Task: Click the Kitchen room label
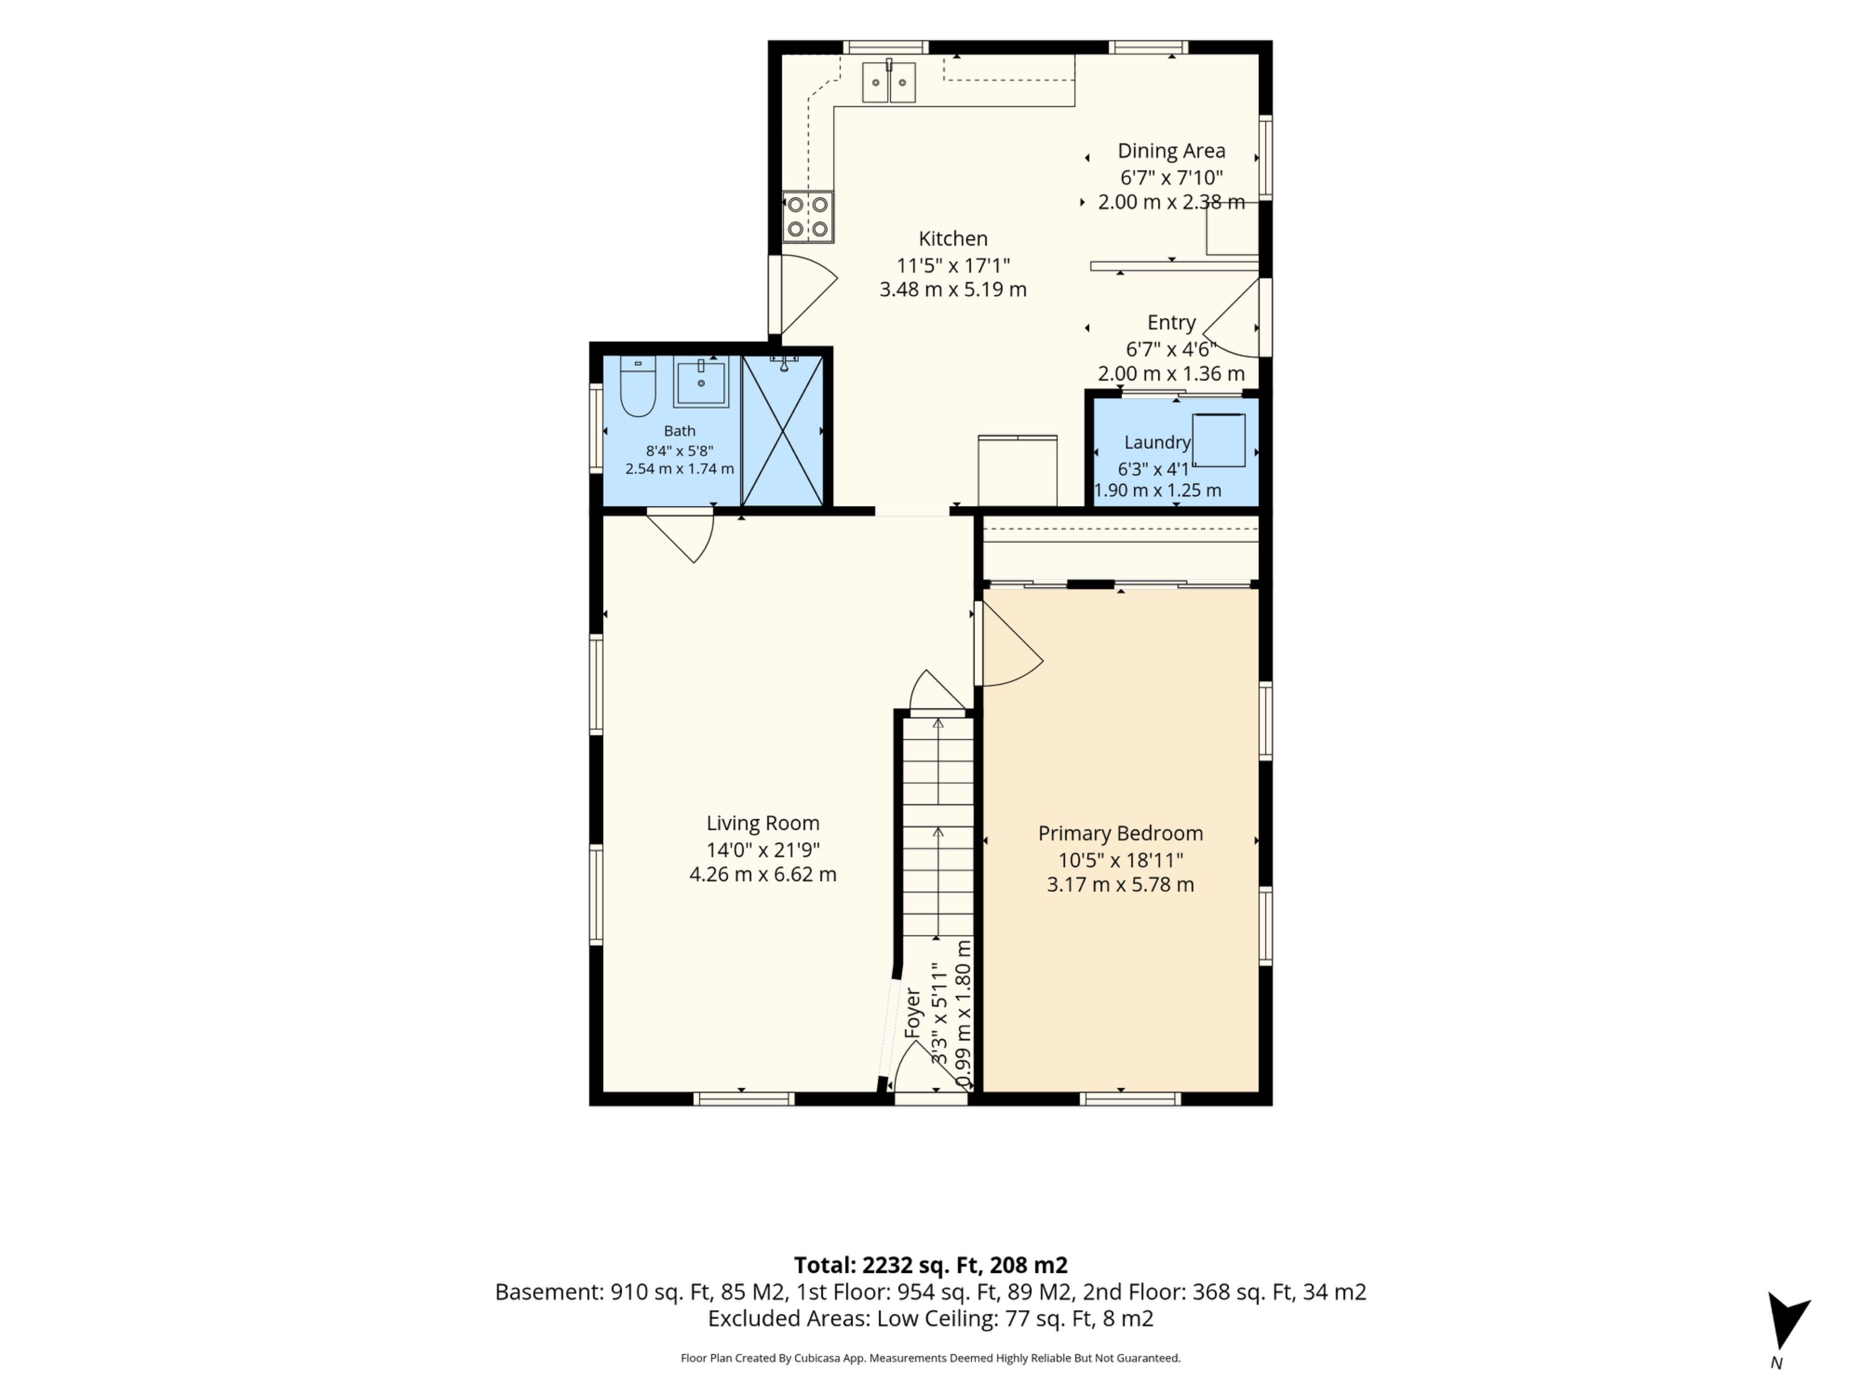[x=953, y=239]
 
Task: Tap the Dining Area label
[x=1171, y=151]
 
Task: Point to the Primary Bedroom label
[x=1121, y=833]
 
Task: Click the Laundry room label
[x=1157, y=443]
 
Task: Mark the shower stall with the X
[x=783, y=431]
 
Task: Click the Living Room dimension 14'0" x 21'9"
[x=763, y=850]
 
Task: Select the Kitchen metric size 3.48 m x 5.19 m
[x=953, y=289]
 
